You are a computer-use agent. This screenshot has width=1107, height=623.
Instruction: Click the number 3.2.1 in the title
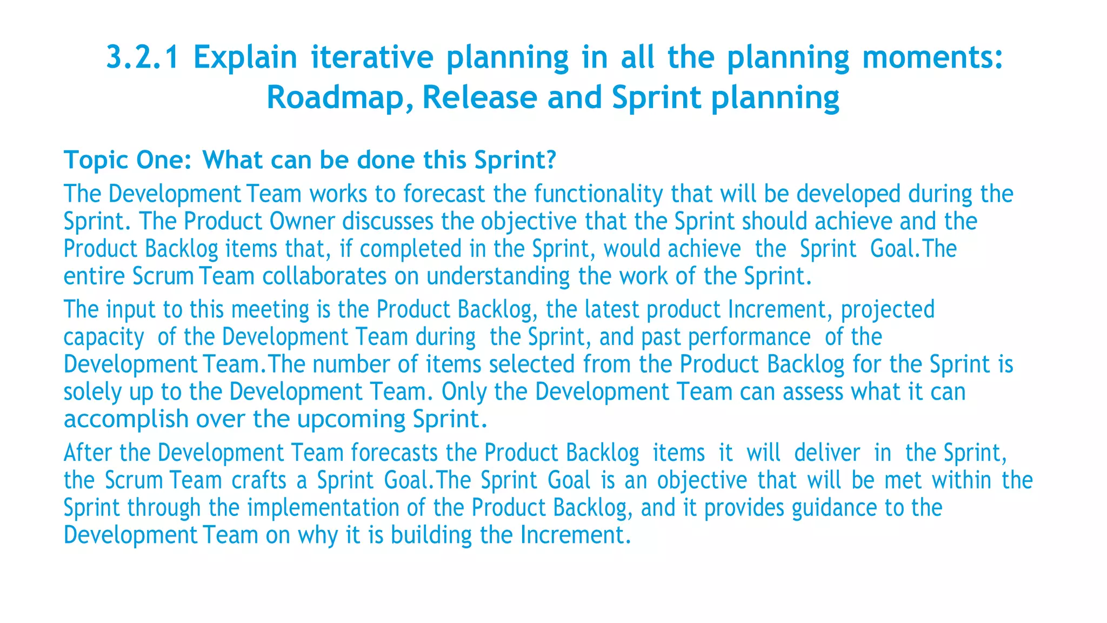[x=142, y=57]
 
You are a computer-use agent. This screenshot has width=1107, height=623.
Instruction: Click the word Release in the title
[x=479, y=98]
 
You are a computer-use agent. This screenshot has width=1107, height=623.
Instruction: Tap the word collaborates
[x=324, y=276]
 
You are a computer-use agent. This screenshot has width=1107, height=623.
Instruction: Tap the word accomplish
[x=126, y=420]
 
